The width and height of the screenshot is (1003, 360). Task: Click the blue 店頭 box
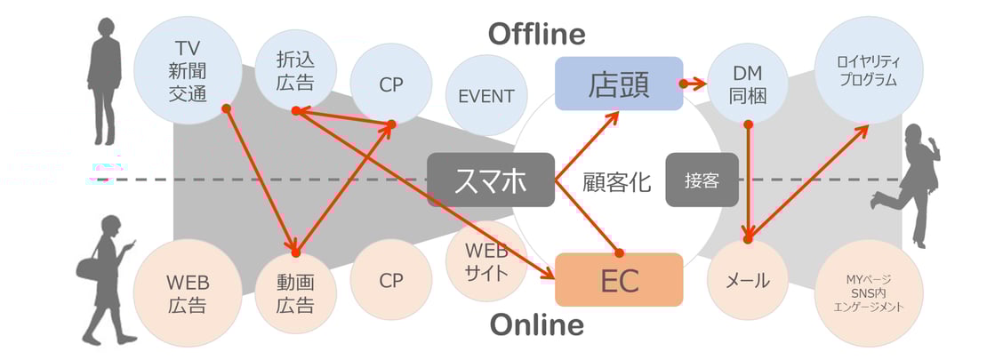point(619,84)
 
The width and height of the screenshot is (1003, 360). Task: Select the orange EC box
point(619,279)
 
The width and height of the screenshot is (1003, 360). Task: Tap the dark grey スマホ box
point(491,180)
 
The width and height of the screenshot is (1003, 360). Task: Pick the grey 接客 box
point(702,180)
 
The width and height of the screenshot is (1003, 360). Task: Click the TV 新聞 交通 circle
point(189,69)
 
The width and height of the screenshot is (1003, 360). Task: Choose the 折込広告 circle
point(295,70)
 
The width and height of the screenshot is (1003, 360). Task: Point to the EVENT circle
point(486,96)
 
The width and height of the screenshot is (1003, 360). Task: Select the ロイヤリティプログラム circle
point(869,70)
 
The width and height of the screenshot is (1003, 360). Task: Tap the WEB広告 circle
point(189,292)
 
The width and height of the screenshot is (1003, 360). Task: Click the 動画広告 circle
point(295,292)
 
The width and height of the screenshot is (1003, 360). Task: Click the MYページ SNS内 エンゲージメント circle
point(869,292)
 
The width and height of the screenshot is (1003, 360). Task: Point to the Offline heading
point(537,34)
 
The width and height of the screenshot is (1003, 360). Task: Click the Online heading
point(537,324)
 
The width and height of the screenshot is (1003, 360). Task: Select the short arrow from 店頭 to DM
point(694,84)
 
